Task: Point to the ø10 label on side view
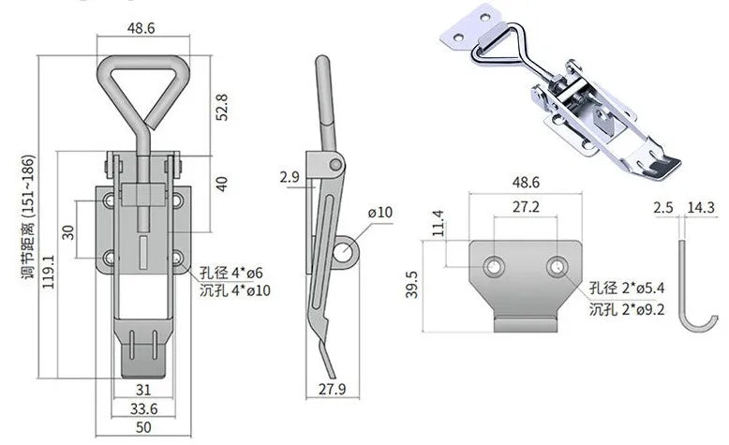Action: click(380, 214)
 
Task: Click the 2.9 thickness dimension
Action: click(289, 176)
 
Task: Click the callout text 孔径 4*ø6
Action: click(231, 273)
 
